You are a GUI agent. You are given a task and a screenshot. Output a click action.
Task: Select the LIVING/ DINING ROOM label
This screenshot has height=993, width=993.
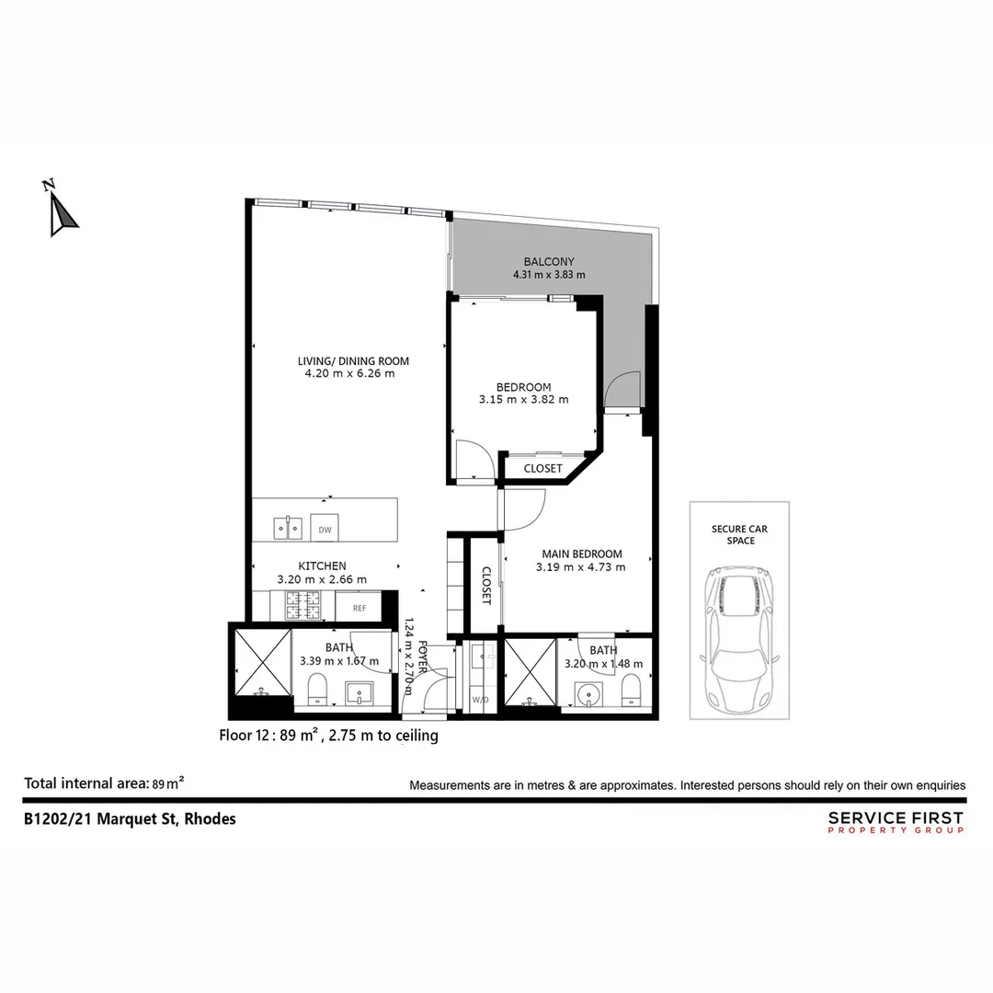[353, 361]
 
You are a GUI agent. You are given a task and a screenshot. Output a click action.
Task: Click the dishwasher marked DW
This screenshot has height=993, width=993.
[325, 530]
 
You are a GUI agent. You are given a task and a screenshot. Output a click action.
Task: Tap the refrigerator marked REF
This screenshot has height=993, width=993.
[358, 608]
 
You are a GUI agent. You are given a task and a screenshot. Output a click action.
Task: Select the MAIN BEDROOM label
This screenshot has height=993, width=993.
[581, 554]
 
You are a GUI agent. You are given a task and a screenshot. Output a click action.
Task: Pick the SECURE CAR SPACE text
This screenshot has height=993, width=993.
[739, 535]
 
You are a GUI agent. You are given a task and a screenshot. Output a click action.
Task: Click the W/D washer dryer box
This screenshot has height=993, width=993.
[480, 700]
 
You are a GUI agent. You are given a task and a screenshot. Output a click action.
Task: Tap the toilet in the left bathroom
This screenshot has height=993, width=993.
[317, 688]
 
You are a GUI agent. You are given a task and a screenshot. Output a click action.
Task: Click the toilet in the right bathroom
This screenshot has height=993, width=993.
[631, 688]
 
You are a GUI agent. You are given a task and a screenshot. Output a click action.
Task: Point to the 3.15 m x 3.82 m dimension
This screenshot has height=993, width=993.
[523, 400]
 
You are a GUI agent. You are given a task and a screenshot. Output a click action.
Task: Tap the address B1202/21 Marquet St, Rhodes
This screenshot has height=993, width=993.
[130, 818]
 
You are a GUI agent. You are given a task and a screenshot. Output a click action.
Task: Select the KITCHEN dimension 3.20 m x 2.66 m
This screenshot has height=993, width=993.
[322, 580]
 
